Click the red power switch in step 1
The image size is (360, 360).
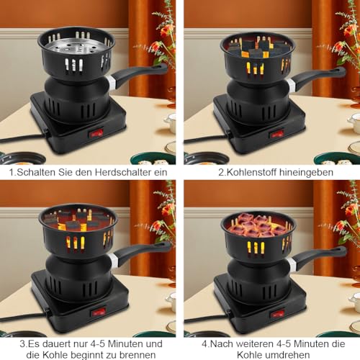click(x=96, y=132)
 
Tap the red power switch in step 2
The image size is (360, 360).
click(x=278, y=134)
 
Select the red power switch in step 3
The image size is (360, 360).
click(x=98, y=311)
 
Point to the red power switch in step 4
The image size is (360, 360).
click(x=278, y=313)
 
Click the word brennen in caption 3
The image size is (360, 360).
click(x=138, y=354)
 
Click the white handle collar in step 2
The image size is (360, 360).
click(x=291, y=85)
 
